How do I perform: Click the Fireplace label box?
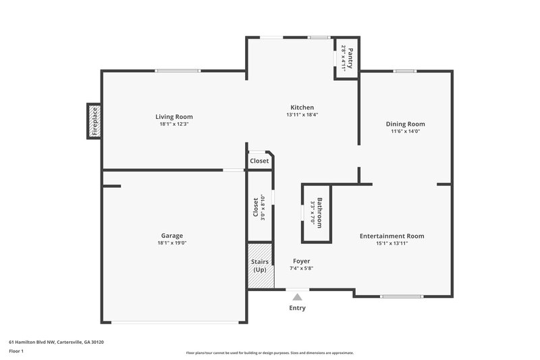point(95,122)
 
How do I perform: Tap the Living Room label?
point(174,117)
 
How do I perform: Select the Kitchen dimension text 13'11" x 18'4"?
point(302,115)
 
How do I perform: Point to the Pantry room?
point(347,57)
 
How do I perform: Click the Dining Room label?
point(405,124)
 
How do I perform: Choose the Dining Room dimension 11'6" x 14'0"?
point(405,132)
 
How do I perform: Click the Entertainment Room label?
point(391,236)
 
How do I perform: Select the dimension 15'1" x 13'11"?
point(391,243)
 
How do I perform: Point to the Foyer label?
point(302,261)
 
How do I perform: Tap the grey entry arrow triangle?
point(297,295)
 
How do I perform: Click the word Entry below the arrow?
point(297,308)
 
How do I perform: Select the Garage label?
point(171,236)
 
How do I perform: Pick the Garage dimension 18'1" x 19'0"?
point(171,243)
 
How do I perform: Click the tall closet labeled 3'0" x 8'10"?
point(259,207)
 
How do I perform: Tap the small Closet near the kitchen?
point(259,161)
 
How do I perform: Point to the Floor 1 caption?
point(17,352)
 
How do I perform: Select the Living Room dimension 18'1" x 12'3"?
point(174,124)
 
